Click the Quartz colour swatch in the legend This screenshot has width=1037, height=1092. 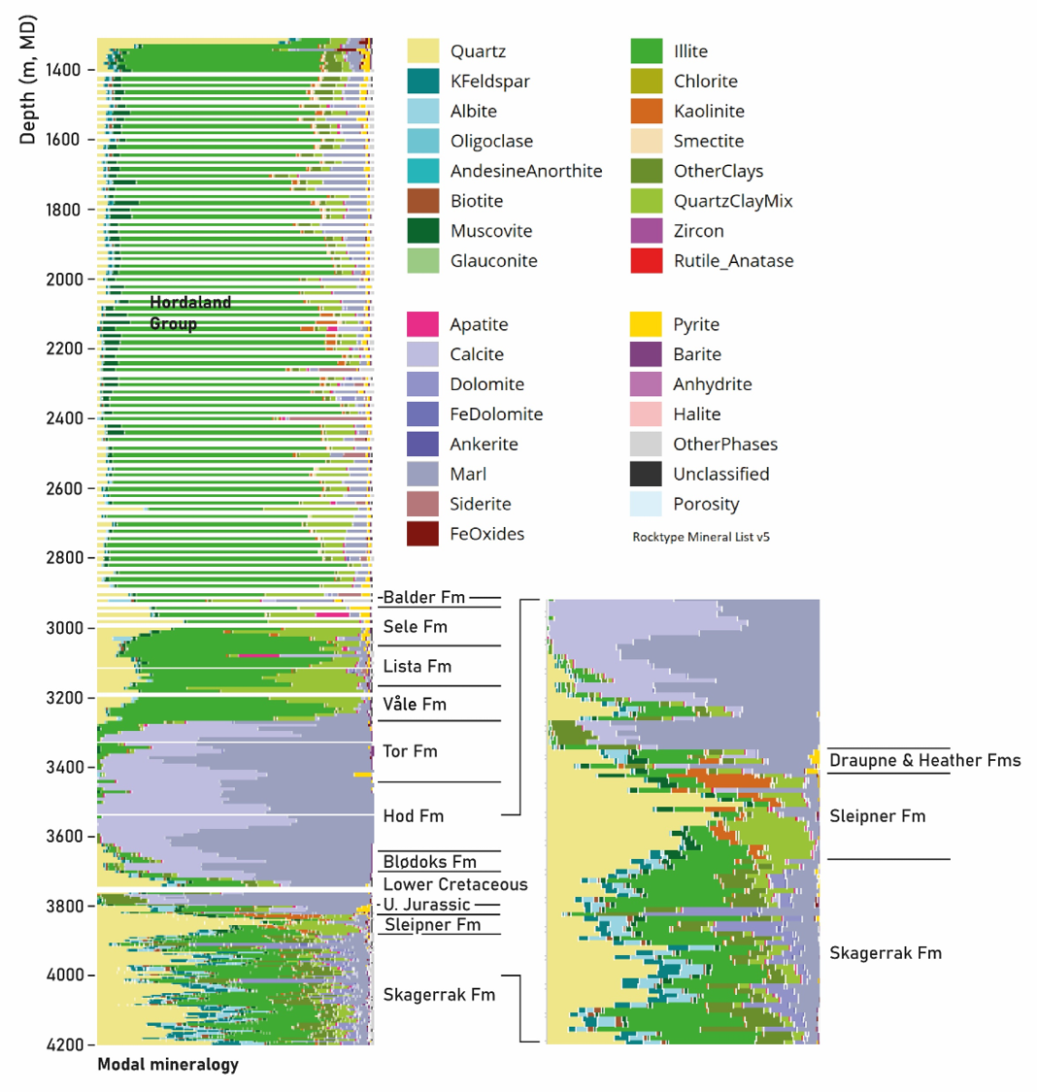pos(423,51)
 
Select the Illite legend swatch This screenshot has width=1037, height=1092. pos(647,51)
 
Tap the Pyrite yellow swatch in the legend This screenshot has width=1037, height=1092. pos(647,324)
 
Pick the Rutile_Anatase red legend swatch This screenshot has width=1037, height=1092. pos(647,260)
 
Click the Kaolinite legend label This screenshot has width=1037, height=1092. pos(709,112)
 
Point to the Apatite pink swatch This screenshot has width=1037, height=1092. pos(423,324)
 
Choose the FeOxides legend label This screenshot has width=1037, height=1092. pos(486,534)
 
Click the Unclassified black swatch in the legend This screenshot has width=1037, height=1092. pos(647,474)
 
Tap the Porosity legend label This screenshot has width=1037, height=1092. pos(706,504)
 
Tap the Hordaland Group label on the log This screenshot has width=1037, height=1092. pos(190,313)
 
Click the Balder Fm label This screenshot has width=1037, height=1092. pos(424,597)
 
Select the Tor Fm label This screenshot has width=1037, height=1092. pos(410,751)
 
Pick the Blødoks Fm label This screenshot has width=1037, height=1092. pos(429,862)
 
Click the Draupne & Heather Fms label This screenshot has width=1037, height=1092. pos(924,761)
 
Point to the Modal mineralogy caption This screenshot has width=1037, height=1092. pos(168,1065)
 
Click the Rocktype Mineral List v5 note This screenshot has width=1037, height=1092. pos(701,537)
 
